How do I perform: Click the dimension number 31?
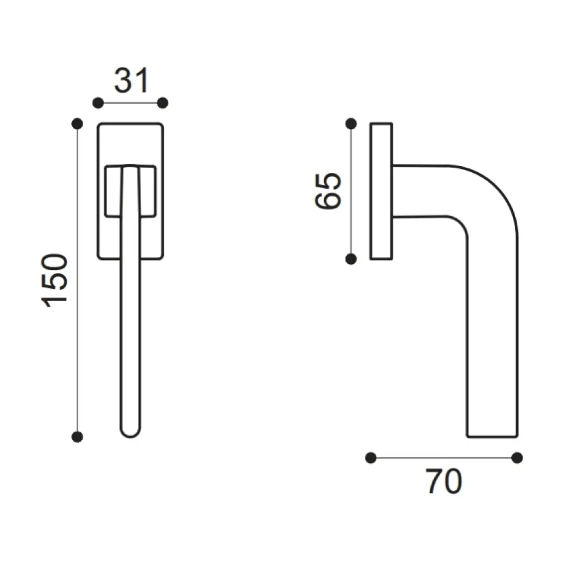(132, 81)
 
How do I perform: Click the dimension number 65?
(327, 191)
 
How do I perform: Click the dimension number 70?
(444, 482)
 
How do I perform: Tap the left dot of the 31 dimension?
(98, 103)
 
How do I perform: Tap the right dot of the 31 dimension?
(163, 103)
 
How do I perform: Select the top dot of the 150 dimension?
(78, 123)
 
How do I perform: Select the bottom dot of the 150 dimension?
(78, 437)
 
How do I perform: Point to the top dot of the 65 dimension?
(351, 123)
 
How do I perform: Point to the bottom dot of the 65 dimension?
(351, 259)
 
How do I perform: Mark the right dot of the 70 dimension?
(517, 457)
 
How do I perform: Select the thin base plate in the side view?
(381, 191)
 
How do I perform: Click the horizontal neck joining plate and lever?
(422, 191)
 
